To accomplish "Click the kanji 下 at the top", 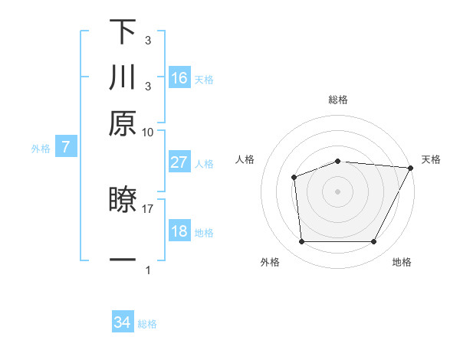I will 123,31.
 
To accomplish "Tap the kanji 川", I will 123,77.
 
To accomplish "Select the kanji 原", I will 123,123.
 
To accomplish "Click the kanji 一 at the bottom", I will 123,260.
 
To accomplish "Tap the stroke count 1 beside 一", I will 147,270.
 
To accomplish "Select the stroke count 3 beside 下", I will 147,41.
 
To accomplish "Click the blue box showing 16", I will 179,77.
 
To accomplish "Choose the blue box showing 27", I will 179,162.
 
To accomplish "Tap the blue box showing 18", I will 179,231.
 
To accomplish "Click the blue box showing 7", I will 65,147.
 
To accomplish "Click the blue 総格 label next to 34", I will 147,324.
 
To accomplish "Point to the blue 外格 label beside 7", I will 40,149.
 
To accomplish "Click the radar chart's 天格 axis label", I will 431,159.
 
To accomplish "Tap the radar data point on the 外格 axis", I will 301,242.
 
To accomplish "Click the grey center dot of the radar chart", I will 337,191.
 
